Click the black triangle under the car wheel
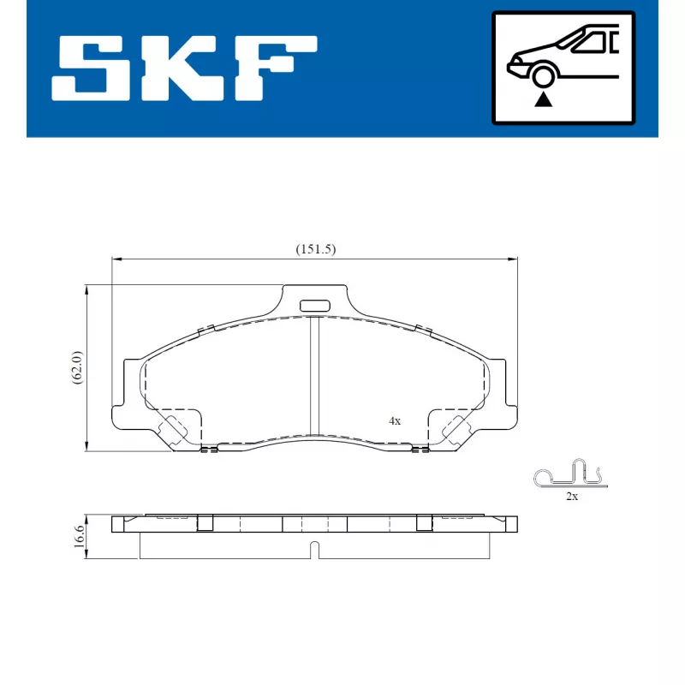click(x=541, y=99)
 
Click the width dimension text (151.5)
click(x=315, y=249)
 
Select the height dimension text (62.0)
click(x=76, y=367)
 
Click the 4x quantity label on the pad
click(x=395, y=421)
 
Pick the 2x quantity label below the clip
click(x=571, y=497)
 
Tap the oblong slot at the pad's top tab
click(x=314, y=305)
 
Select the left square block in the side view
click(x=205, y=522)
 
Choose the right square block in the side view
click(x=424, y=522)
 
